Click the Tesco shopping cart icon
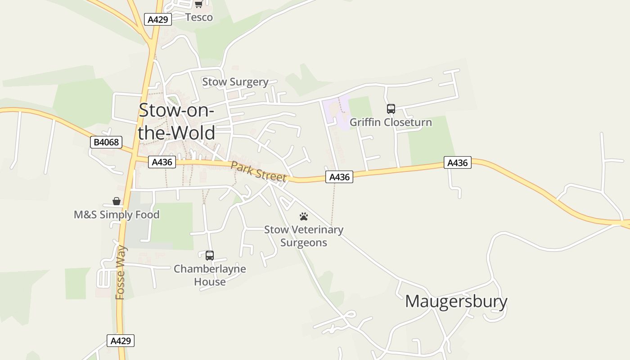(198, 4)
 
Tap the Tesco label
(199, 17)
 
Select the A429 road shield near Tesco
(158, 19)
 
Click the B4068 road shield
(106, 142)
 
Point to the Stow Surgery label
(235, 82)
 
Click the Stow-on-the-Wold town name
(176, 121)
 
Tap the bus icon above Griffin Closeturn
(391, 109)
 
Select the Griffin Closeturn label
(391, 122)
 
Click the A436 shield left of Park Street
(162, 162)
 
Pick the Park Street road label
(258, 171)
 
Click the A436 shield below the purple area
(339, 177)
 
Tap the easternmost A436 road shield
(458, 162)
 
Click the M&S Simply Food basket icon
(117, 201)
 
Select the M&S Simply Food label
(117, 215)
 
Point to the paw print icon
(304, 216)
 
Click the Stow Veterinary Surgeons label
(304, 236)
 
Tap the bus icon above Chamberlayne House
(210, 256)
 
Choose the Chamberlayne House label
(210, 275)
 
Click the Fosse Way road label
(120, 273)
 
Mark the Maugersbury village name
(456, 301)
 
